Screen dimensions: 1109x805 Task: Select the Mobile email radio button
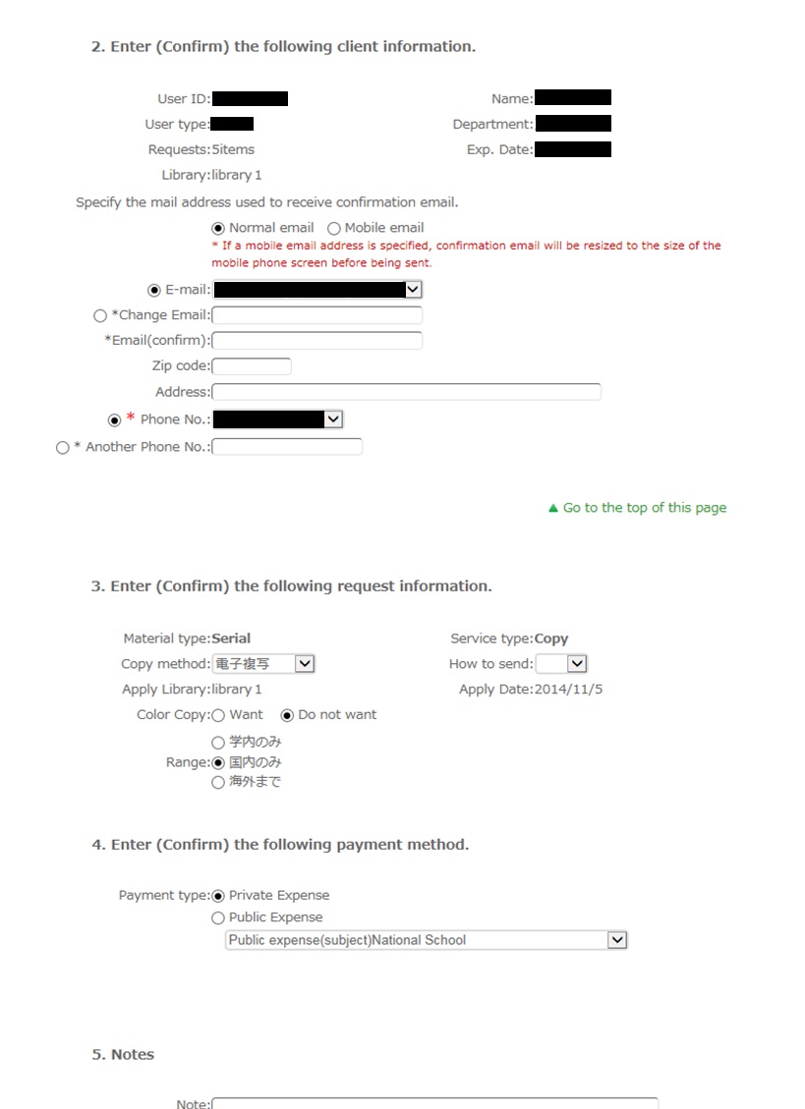tap(334, 228)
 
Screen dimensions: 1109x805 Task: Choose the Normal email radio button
tap(219, 228)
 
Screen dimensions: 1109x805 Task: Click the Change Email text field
tap(316, 315)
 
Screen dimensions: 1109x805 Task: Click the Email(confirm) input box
tap(316, 341)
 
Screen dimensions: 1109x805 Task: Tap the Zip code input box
tap(252, 366)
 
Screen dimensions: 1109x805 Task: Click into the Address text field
tap(406, 392)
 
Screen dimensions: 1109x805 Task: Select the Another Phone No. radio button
tap(63, 447)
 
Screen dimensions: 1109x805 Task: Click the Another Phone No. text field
tap(287, 447)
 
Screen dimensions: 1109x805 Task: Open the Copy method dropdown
tap(263, 664)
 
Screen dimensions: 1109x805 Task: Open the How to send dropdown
tap(561, 664)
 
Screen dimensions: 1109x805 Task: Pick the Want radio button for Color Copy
tap(218, 715)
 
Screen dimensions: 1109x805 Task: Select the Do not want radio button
tap(287, 715)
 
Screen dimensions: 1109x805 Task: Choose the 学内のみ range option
tap(218, 743)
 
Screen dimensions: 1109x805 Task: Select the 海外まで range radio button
tap(218, 783)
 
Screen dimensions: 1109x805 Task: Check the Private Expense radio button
tap(218, 896)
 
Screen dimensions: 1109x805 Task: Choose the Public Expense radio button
tap(218, 917)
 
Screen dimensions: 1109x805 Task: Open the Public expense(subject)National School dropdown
tap(426, 940)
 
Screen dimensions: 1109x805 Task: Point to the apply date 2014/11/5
tap(568, 690)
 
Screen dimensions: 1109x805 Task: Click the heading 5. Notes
tap(123, 1054)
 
